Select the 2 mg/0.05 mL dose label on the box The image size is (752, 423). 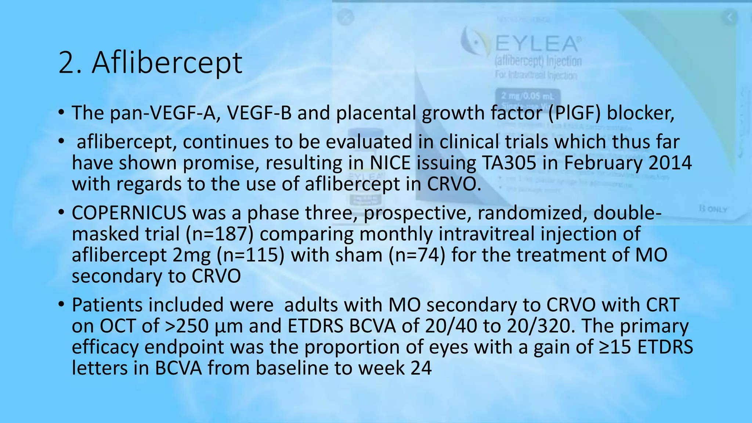[528, 96]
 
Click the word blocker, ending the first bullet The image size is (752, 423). [640, 113]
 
